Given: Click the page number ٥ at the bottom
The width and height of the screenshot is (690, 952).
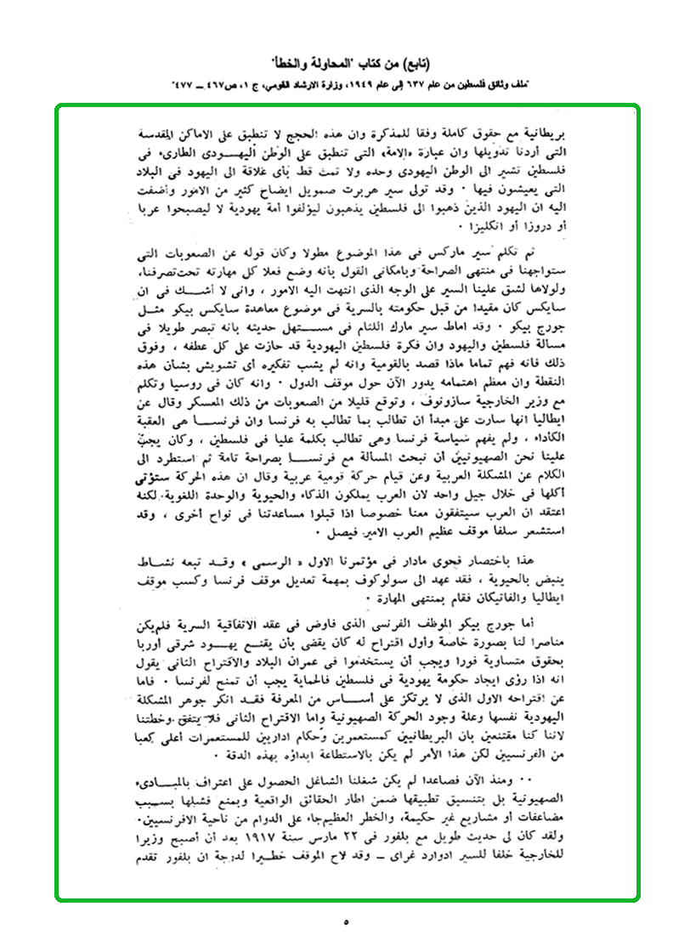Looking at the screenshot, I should click(347, 920).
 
